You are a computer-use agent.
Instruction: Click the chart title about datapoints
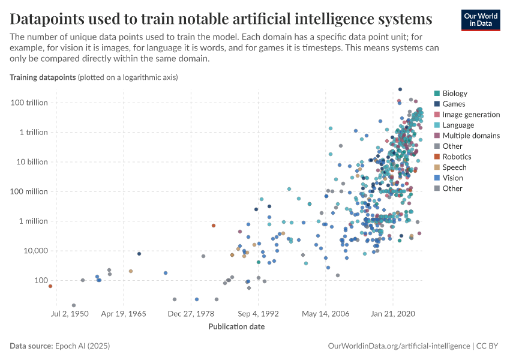coord(221,19)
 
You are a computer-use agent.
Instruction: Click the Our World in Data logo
coord(481,19)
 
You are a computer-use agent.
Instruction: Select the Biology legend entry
coord(454,94)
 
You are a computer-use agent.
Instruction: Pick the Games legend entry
coord(454,104)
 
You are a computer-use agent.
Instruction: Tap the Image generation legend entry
coord(470,115)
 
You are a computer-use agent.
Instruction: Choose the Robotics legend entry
coord(457,157)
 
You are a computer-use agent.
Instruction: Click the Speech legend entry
coord(454,167)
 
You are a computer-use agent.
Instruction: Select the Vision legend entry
coord(453,178)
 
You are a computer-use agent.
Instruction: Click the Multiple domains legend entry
coord(470,136)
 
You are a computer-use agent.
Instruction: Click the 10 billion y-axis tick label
coord(31,162)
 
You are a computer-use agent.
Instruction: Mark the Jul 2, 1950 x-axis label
coord(70,313)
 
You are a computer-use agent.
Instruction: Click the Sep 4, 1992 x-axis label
coord(258,313)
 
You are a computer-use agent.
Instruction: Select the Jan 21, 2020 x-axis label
coord(393,313)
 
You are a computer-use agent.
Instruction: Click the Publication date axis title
coord(236,326)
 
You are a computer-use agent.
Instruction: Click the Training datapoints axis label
coord(42,77)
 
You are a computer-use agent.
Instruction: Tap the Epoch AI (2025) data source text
coord(82,346)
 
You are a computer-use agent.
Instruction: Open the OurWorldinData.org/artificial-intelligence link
coord(399,346)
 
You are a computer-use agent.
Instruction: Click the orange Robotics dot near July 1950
coord(50,286)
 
